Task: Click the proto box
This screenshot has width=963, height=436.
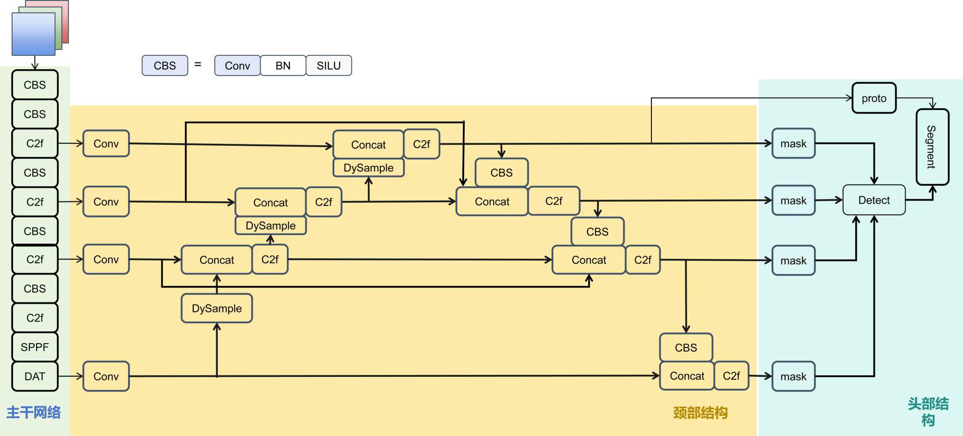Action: (x=873, y=98)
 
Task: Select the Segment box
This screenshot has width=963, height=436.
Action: (x=932, y=147)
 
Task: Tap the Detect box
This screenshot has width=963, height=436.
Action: (x=874, y=200)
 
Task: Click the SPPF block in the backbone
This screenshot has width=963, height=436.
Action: (x=35, y=347)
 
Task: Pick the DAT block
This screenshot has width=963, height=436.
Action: (x=35, y=376)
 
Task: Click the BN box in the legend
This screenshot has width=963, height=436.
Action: (x=283, y=65)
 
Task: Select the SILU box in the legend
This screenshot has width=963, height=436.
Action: (x=329, y=65)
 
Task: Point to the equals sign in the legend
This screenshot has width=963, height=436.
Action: (x=198, y=64)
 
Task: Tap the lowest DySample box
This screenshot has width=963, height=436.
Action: (x=217, y=308)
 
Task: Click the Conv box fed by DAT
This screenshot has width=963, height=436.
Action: (x=106, y=376)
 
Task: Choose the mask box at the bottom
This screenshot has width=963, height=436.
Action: (x=793, y=376)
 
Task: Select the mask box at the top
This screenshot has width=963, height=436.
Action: (x=793, y=143)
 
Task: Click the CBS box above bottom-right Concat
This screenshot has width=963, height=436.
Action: (x=686, y=347)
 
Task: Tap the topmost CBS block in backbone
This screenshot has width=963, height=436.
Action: (x=35, y=85)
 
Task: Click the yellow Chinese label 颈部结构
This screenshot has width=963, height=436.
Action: (x=700, y=413)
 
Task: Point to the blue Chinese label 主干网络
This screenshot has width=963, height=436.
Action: (x=33, y=412)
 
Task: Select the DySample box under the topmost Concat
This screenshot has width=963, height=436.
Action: (x=368, y=168)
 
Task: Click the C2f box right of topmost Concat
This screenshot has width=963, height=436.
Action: (x=421, y=144)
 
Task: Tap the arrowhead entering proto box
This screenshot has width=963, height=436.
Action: (x=849, y=98)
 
